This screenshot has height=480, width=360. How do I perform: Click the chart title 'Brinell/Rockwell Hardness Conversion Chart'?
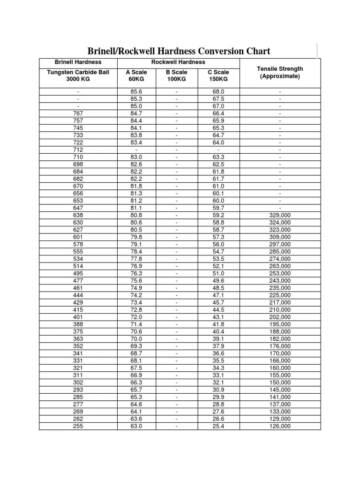coord(180,51)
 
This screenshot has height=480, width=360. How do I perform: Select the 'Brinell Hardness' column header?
coord(78,62)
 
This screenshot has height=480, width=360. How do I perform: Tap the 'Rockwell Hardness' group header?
coord(178,62)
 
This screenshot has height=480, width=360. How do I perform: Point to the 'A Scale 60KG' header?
coord(136,75)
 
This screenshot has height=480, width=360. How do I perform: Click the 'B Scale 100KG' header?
coord(176,75)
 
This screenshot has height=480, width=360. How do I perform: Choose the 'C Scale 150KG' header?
coord(218,75)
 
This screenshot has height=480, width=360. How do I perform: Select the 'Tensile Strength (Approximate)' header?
coord(280,73)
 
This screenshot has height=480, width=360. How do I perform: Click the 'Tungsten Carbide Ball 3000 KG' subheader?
coord(78,75)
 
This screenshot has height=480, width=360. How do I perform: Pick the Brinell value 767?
coord(78,113)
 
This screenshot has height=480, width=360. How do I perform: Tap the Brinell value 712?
coord(78,150)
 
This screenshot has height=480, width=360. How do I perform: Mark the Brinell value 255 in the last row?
coord(78,426)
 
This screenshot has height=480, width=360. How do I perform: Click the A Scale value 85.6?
coord(136,91)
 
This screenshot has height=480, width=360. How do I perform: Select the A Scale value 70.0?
coord(136,338)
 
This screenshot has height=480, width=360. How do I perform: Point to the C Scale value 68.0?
coord(218,91)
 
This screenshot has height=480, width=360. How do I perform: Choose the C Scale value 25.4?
coord(218,426)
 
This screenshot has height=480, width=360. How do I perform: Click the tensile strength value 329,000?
coord(280,215)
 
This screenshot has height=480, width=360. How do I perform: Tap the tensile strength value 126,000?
coord(280,426)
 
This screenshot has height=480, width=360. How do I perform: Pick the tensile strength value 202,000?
coord(280,317)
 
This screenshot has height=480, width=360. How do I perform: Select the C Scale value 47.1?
coord(218,295)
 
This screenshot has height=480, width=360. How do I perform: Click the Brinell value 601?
coord(78,237)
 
